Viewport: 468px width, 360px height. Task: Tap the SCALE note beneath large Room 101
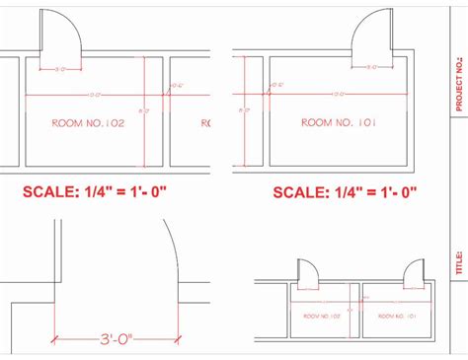pyautogui.click(x=347, y=192)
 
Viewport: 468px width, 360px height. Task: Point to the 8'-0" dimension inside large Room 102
pyautogui.click(x=146, y=110)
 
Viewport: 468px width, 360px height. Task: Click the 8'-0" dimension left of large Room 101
pyautogui.click(x=243, y=110)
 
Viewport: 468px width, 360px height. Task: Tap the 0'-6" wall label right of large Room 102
pyautogui.click(x=178, y=86)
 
